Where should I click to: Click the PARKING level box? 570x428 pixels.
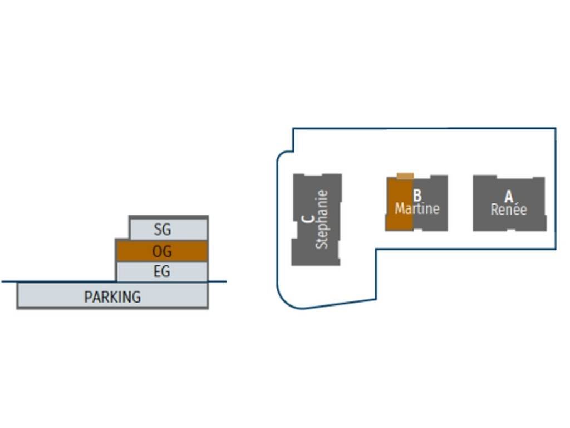pos(50,296)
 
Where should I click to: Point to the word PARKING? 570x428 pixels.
pos(112,297)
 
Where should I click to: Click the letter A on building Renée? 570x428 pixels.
pos(508,197)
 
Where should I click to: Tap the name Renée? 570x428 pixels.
pos(508,210)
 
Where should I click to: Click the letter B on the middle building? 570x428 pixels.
pos(417,196)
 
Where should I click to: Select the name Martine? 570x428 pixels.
pos(417,209)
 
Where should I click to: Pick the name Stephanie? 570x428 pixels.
pos(322,219)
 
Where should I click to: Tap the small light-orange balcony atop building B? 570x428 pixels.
pos(405,176)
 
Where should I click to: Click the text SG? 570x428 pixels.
pos(162,229)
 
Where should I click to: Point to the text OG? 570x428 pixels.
pos(162,251)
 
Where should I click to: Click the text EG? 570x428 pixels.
pos(161,272)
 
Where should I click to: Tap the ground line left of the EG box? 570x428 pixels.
pos(56,281)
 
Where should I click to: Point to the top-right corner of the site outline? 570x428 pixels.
pos(555,128)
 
